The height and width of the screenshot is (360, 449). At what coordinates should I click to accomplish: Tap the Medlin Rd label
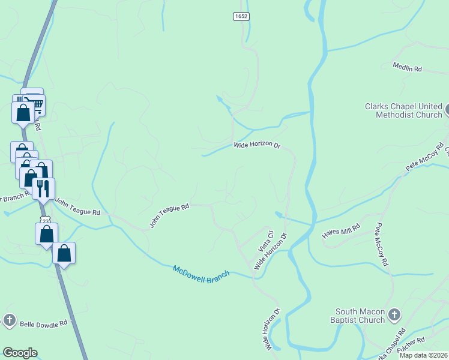[x=408, y=68]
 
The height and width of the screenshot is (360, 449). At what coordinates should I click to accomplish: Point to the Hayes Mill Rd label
[x=341, y=230]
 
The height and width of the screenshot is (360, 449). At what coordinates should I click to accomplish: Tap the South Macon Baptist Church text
[x=360, y=316]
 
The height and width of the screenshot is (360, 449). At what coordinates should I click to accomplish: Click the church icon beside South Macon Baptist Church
[x=394, y=314]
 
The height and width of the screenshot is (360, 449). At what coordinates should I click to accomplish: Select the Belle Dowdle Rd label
[x=44, y=324]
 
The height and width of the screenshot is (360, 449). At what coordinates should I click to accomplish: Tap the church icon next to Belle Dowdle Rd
[x=9, y=320]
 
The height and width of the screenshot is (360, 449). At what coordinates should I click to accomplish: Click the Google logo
[x=19, y=353]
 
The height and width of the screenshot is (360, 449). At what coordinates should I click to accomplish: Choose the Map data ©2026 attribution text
[x=423, y=355]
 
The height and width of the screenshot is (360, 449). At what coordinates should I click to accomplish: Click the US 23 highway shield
[x=45, y=221]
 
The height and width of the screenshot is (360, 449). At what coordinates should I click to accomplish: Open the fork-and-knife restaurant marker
[x=43, y=188]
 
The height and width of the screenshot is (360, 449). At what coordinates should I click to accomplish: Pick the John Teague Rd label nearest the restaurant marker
[x=78, y=206]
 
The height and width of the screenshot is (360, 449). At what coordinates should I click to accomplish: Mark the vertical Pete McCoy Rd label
[x=382, y=245]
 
